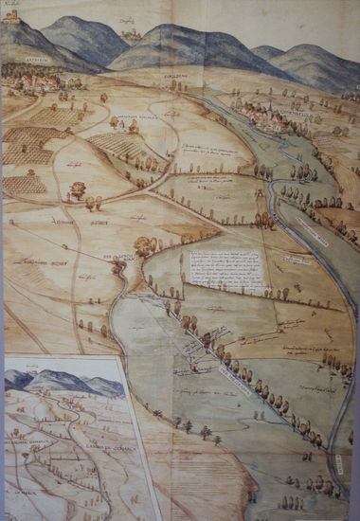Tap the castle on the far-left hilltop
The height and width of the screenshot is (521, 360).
(11, 16)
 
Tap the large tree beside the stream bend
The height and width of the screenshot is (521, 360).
(145, 248)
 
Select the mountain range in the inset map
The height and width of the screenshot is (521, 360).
(62, 383)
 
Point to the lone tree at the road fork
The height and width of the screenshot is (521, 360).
(77, 189)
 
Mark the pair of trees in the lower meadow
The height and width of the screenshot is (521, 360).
(204, 434)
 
